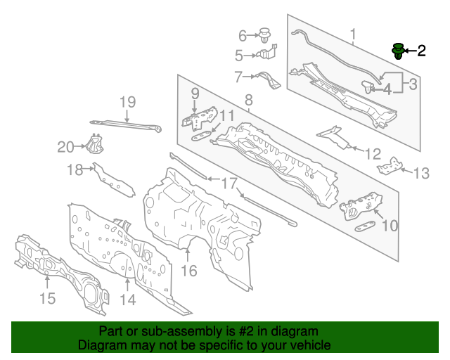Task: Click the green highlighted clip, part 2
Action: pos(398,51)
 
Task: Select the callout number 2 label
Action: pos(421,51)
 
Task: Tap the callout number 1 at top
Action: pos(353,33)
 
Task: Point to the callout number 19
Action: pos(127,102)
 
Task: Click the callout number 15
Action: pos(46,300)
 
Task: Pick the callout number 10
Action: pos(389,226)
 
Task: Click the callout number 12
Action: pos(373,153)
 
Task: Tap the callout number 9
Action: pos(195,92)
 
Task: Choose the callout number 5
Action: pos(239,55)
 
